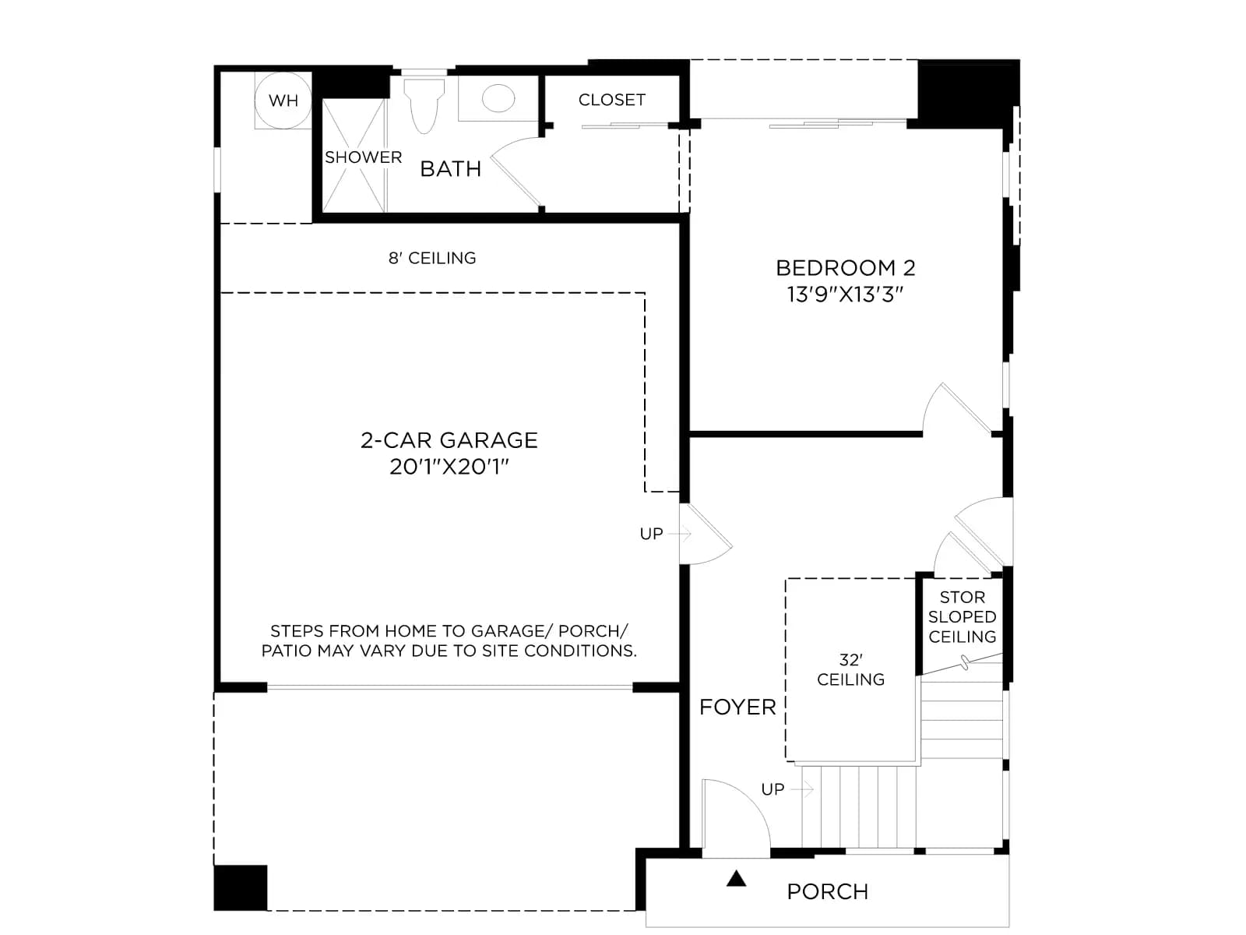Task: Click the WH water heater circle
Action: pyautogui.click(x=283, y=101)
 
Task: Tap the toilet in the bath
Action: pyautogui.click(x=424, y=106)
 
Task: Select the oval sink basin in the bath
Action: pyautogui.click(x=498, y=98)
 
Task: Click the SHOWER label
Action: pyautogui.click(x=364, y=157)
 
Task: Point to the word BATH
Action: pyautogui.click(x=451, y=168)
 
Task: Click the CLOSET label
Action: pyautogui.click(x=612, y=100)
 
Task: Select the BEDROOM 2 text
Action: pyautogui.click(x=845, y=268)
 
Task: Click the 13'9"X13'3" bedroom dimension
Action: pyautogui.click(x=845, y=295)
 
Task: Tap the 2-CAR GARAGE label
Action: pyautogui.click(x=449, y=440)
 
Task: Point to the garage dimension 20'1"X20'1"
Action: pyautogui.click(x=449, y=467)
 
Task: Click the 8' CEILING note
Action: pyautogui.click(x=432, y=259)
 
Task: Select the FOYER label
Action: pyautogui.click(x=737, y=707)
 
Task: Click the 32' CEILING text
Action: pyautogui.click(x=850, y=670)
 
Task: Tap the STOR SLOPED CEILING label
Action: pyautogui.click(x=963, y=617)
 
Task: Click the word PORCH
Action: pyautogui.click(x=828, y=892)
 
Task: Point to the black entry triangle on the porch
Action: pyautogui.click(x=736, y=879)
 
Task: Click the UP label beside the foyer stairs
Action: pyautogui.click(x=773, y=789)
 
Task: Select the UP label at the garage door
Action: pyautogui.click(x=651, y=534)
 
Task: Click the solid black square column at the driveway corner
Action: pyautogui.click(x=240, y=888)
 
